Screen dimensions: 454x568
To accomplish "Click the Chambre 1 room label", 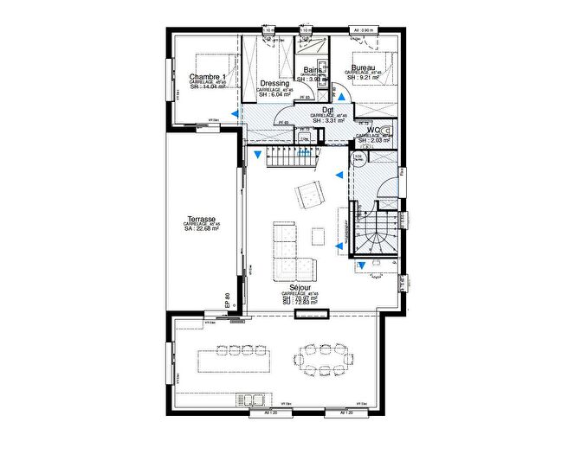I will (x=207, y=78).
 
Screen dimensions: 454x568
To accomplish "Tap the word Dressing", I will (x=274, y=84).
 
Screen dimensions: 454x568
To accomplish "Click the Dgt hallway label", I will (x=329, y=110).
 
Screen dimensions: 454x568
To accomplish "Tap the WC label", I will (x=375, y=131).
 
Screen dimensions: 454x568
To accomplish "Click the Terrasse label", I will (x=201, y=220).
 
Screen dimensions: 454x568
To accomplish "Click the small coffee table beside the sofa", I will (x=318, y=235).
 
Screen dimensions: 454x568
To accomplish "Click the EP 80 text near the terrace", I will (x=228, y=300).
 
